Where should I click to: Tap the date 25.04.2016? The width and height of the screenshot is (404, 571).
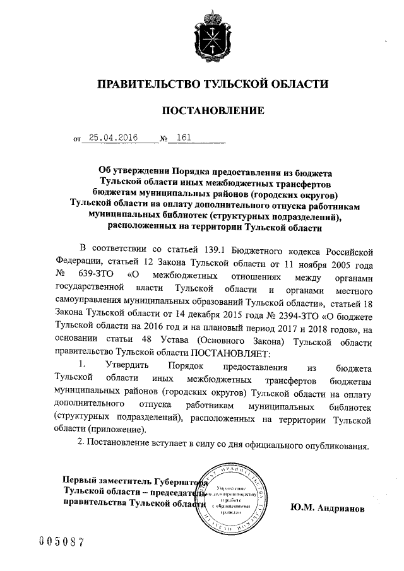click(x=112, y=138)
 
